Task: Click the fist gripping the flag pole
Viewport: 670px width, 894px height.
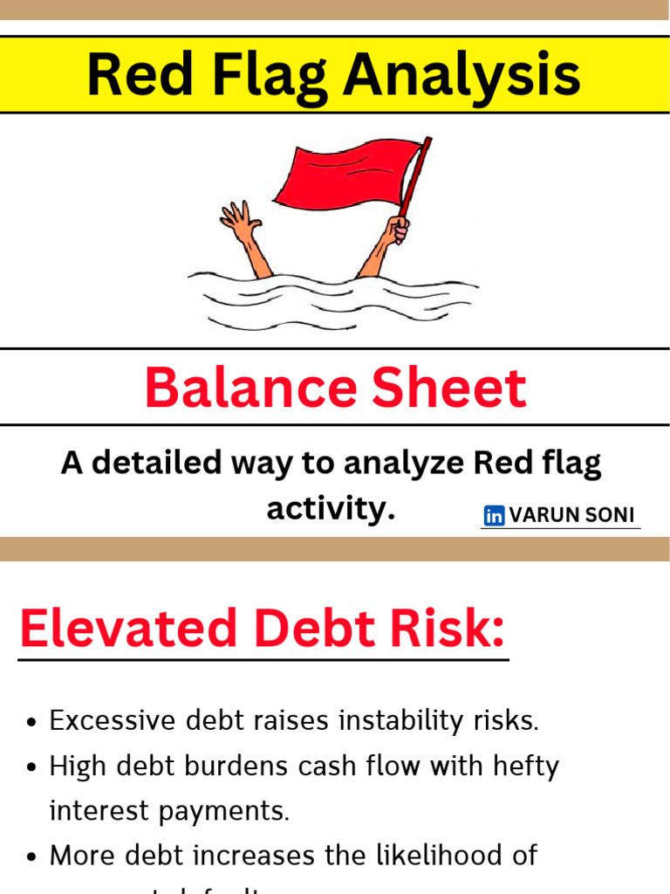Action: (399, 230)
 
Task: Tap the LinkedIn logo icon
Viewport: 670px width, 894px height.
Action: (495, 516)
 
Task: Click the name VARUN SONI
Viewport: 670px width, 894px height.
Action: (572, 515)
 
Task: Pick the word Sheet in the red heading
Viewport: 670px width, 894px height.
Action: (450, 389)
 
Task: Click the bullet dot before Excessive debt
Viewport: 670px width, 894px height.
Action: (32, 722)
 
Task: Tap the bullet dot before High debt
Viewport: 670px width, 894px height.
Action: (32, 767)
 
